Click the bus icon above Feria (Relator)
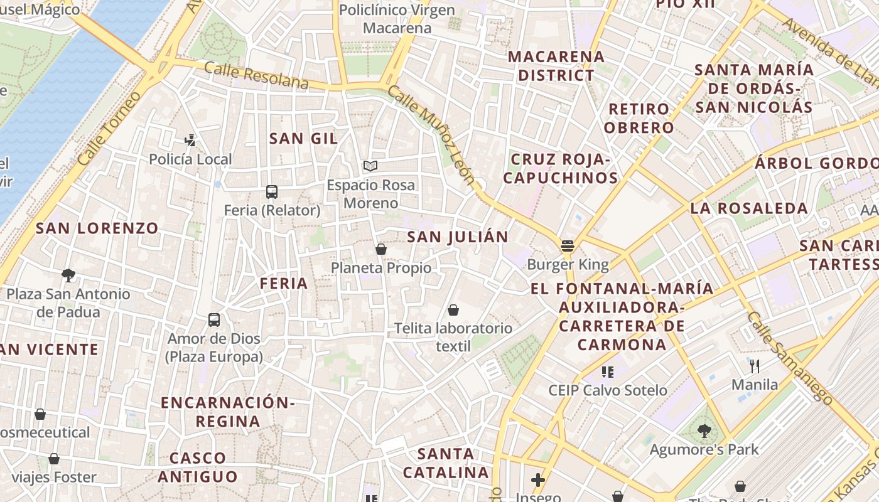(x=272, y=192)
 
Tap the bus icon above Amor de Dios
(x=214, y=320)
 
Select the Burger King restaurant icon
(x=568, y=246)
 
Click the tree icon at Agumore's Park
(x=704, y=431)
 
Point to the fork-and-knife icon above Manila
(x=755, y=366)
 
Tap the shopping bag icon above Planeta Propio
(x=380, y=249)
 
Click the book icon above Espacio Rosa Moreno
(x=370, y=166)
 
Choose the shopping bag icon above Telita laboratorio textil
(x=453, y=310)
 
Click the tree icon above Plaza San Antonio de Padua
(x=68, y=275)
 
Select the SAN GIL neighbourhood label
(x=303, y=139)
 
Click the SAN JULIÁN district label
(x=457, y=237)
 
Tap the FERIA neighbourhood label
(x=284, y=284)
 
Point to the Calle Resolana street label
(x=257, y=75)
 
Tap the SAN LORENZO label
(x=97, y=228)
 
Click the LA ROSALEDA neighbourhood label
(x=749, y=208)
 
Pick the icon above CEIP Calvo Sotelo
(x=607, y=372)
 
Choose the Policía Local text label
(x=190, y=159)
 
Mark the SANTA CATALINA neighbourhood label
(x=446, y=462)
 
